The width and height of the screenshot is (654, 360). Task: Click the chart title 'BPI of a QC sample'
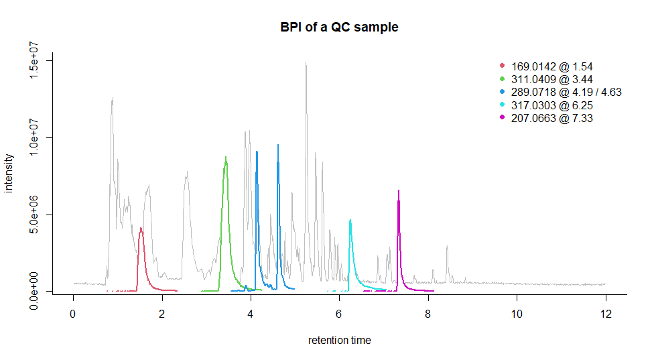tap(339, 27)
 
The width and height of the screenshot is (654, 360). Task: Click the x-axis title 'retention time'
tap(339, 340)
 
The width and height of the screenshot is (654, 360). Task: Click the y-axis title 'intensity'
tap(9, 173)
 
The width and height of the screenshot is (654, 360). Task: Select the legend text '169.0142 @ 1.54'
tap(551, 67)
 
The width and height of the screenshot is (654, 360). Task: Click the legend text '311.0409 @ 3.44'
tap(551, 80)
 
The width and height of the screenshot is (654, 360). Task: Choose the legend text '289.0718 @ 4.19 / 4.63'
tap(566, 93)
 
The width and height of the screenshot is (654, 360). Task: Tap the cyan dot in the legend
tap(502, 105)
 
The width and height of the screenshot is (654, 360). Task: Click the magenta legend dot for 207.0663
tap(502, 118)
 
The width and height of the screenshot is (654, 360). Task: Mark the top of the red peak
tap(141, 228)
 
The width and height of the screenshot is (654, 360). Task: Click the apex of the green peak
tap(226, 157)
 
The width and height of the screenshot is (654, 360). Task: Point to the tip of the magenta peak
tap(399, 190)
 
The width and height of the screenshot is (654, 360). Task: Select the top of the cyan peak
tap(350, 220)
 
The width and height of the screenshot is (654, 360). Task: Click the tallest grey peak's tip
tap(306, 62)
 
